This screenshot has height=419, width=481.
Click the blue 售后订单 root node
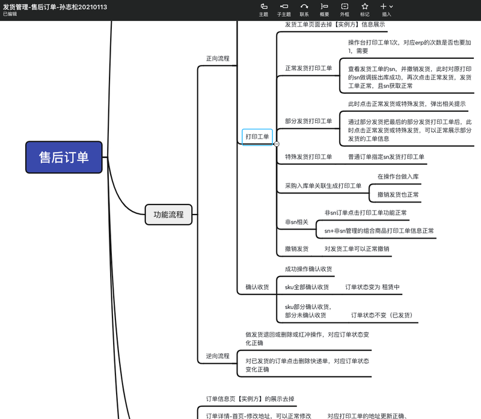[64, 158]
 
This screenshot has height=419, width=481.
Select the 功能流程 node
[168, 215]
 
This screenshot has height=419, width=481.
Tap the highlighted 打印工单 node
[257, 137]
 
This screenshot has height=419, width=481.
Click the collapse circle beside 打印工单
[277, 144]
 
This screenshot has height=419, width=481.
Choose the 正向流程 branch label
[218, 59]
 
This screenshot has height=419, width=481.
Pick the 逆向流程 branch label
[218, 356]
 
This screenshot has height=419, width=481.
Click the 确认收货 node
[257, 287]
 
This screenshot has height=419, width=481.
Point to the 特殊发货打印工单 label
[308, 157]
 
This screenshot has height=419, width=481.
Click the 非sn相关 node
[296, 222]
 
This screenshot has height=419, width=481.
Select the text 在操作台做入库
[398, 177]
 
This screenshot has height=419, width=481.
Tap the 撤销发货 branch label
[296, 249]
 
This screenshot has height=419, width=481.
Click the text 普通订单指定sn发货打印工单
[386, 157]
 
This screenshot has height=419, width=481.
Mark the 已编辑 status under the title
[10, 14]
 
